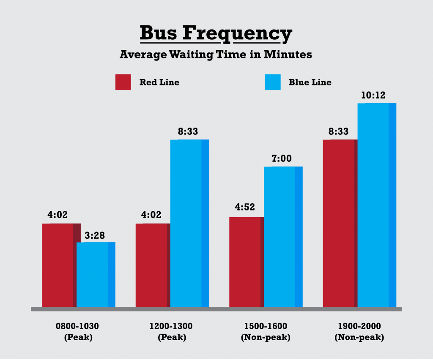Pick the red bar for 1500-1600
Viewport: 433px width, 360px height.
coord(246,262)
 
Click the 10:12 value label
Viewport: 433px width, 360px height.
coord(373,95)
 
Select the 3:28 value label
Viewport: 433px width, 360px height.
coord(95,235)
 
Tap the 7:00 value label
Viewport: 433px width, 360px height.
coord(282,158)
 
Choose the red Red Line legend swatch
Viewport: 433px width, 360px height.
coord(123,82)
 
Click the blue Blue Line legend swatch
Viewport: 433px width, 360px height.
coord(272,82)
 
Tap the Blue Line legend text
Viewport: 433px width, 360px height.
coord(310,82)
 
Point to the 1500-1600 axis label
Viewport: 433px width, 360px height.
coord(266,326)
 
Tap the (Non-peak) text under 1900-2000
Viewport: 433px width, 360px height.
coord(359,338)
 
